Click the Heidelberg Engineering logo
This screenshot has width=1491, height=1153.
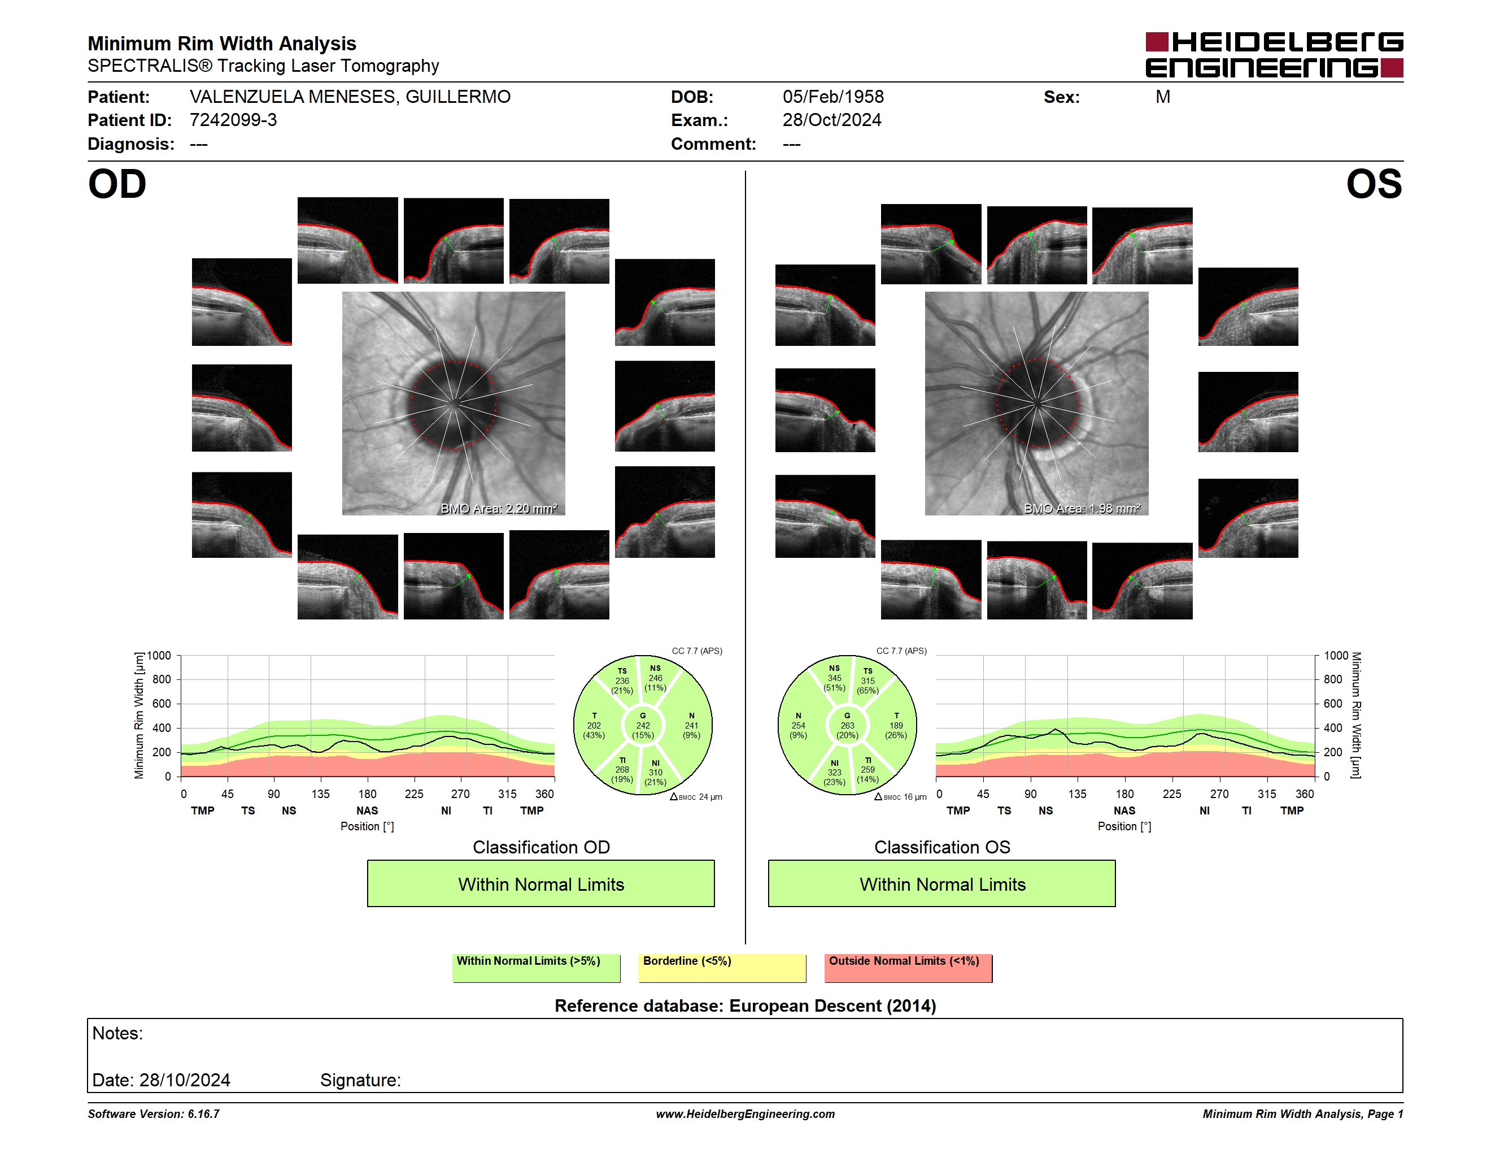click(1274, 55)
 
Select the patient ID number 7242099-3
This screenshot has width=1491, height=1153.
click(233, 120)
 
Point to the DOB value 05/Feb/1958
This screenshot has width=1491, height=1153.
click(833, 97)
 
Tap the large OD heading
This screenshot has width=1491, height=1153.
click(117, 184)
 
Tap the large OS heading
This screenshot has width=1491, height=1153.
click(1374, 184)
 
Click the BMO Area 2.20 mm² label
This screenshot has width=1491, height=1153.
click(499, 508)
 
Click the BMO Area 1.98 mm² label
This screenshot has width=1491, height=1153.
click(1082, 508)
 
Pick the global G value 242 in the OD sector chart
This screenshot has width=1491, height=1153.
click(643, 725)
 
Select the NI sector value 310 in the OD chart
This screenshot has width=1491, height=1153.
click(655, 773)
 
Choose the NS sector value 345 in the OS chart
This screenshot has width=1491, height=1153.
click(834, 678)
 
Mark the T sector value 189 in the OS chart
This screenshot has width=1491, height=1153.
click(896, 725)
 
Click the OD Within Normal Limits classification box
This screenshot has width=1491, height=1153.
click(540, 883)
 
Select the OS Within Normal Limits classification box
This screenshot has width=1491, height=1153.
click(942, 883)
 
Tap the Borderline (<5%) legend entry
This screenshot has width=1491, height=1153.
click(722, 968)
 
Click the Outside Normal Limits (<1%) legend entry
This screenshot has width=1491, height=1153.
click(909, 968)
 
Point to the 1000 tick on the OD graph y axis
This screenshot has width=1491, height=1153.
click(159, 656)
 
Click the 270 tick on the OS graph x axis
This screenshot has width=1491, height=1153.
click(1219, 794)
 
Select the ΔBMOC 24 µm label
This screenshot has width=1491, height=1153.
click(696, 796)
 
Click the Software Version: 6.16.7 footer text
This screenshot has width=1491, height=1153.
click(154, 1114)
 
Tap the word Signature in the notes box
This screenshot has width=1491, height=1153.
click(360, 1080)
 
